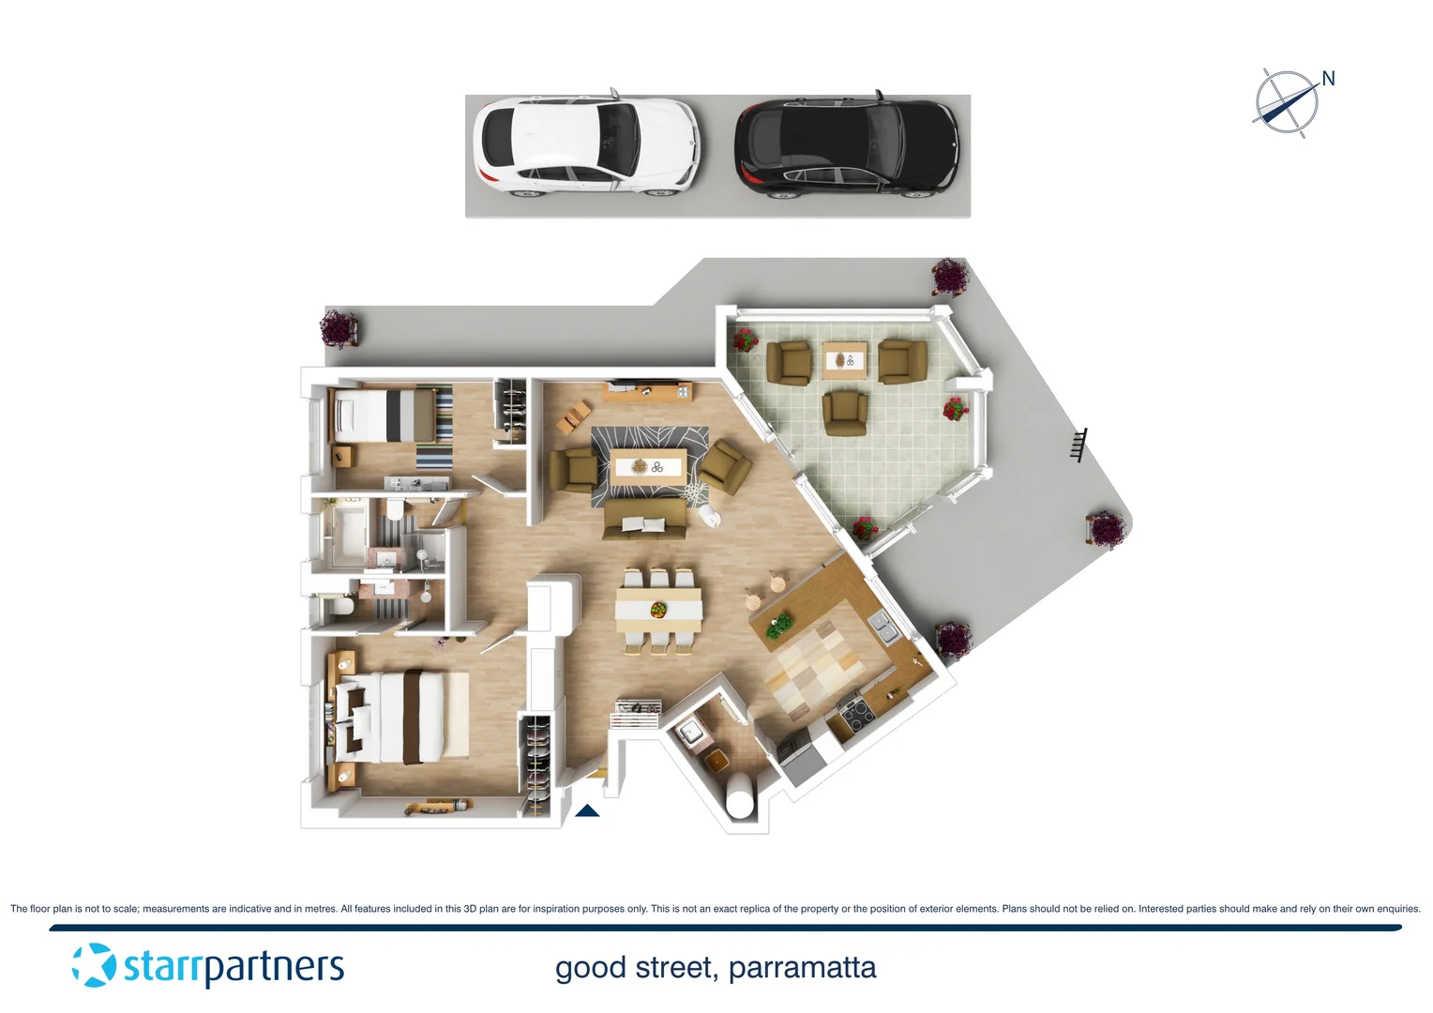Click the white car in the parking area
(x=586, y=147)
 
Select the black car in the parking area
(x=846, y=147)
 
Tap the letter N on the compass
(x=1328, y=79)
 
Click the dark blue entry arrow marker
(x=587, y=810)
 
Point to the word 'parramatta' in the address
(x=802, y=967)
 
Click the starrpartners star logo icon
(x=94, y=965)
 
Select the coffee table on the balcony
(x=844, y=360)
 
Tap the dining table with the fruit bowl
(x=658, y=609)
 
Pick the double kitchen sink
(x=883, y=626)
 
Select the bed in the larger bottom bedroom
(x=403, y=718)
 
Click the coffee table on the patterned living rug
(x=647, y=467)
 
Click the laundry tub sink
(x=691, y=732)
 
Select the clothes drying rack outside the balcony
(x=1079, y=445)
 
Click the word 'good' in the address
(x=590, y=967)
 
